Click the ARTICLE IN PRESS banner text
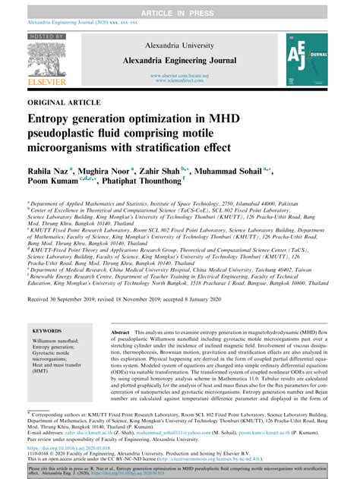pyautogui.click(x=179, y=6)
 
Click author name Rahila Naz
pyautogui.click(x=47, y=172)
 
